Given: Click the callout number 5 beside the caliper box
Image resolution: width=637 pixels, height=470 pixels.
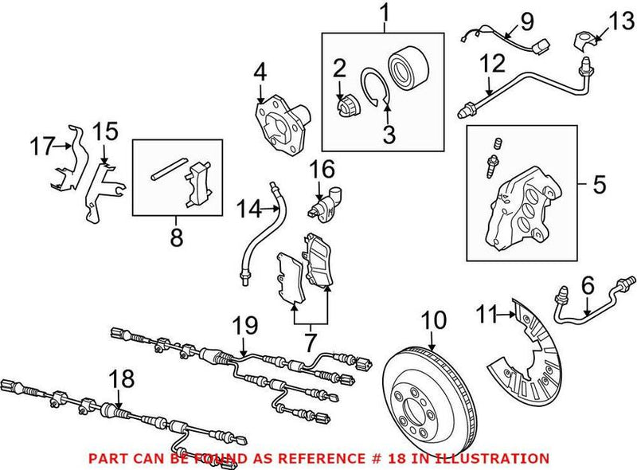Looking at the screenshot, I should point(598,185).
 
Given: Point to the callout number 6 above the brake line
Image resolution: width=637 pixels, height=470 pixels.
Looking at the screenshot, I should point(588,284).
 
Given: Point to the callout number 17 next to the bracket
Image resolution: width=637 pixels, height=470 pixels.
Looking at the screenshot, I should point(41,146).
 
